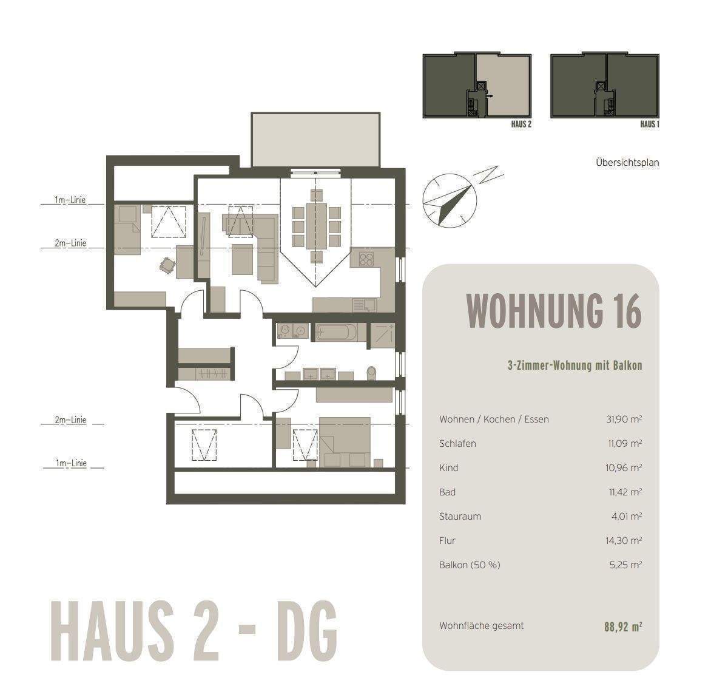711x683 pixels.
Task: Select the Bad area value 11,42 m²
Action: pyautogui.click(x=625, y=492)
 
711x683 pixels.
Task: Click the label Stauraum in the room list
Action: pyautogui.click(x=460, y=517)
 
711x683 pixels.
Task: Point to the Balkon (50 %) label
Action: pyautogui.click(x=470, y=565)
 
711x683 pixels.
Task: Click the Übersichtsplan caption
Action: pyautogui.click(x=627, y=163)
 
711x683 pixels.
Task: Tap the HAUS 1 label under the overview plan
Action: pyautogui.click(x=649, y=124)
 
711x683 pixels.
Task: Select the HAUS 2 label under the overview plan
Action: pyautogui.click(x=522, y=124)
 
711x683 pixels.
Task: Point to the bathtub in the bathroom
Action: pyautogui.click(x=336, y=332)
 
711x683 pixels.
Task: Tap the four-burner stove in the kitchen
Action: pyautogui.click(x=366, y=259)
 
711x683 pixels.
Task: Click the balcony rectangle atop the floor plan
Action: pyautogui.click(x=316, y=139)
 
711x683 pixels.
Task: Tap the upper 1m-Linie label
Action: pyautogui.click(x=70, y=200)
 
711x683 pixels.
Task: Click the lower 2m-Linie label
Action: pyautogui.click(x=70, y=420)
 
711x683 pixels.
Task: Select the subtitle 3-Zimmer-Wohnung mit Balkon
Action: pyautogui.click(x=574, y=365)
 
